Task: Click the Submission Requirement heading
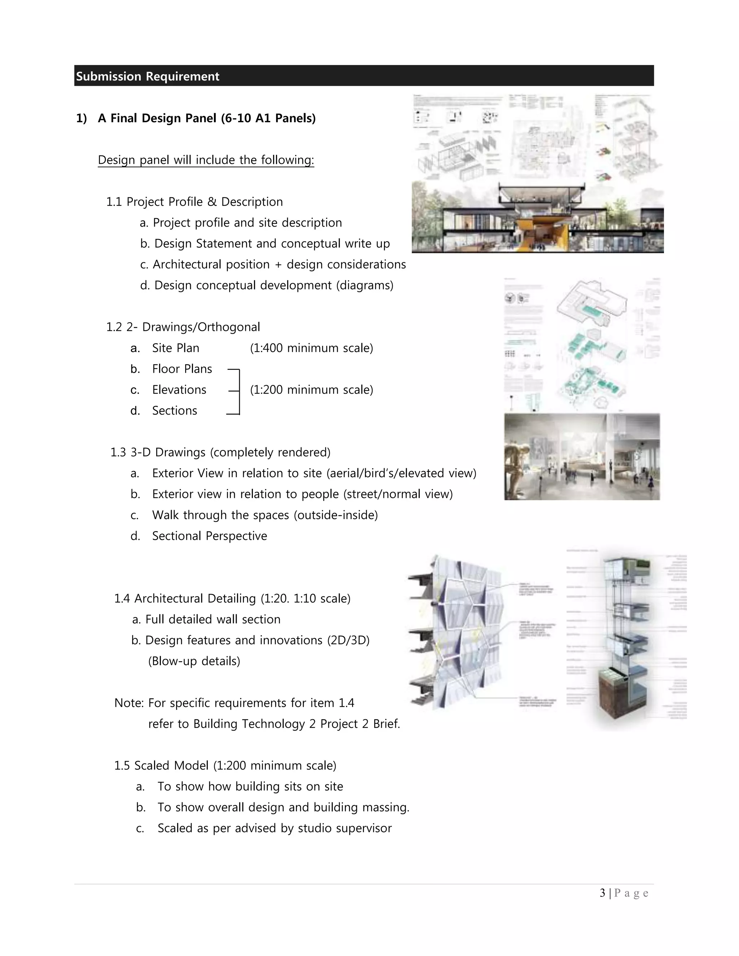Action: pos(148,76)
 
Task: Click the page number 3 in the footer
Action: pos(602,893)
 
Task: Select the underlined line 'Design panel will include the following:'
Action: pos(206,160)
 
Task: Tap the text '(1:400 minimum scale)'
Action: pos(311,348)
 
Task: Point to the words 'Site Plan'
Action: pos(176,348)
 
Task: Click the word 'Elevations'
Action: pos(179,390)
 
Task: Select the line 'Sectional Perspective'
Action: pos(209,536)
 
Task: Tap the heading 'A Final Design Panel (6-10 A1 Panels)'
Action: pos(207,118)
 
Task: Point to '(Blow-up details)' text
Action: pos(194,661)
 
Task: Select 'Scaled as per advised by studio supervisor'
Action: pos(275,828)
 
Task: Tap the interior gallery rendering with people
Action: pos(581,457)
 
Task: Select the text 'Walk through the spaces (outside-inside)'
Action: pos(265,515)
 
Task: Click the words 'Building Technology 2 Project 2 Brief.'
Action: pos(296,724)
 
